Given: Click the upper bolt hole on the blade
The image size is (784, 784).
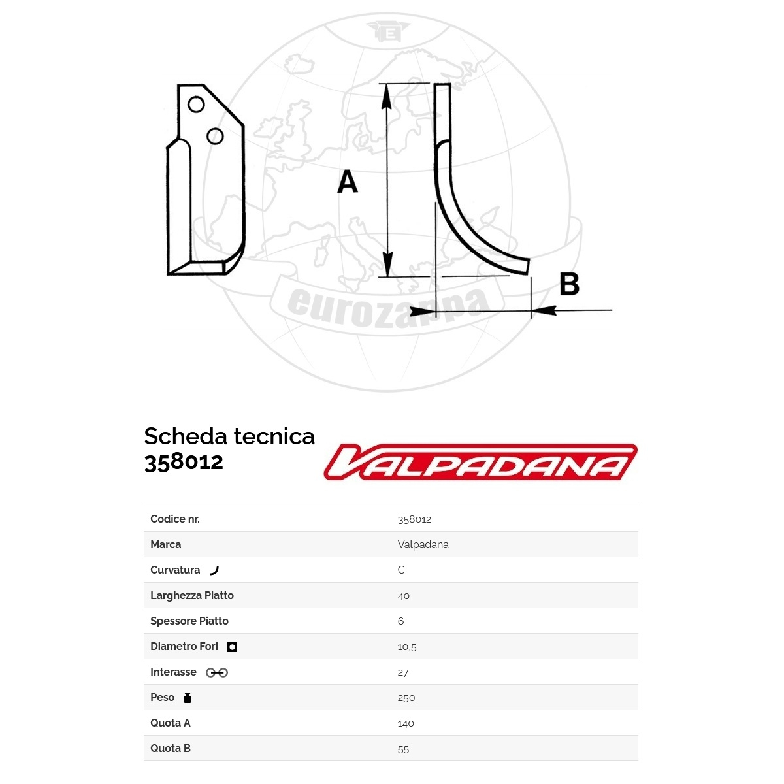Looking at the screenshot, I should click(x=196, y=105).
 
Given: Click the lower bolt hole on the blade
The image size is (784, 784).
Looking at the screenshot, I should click(x=215, y=136).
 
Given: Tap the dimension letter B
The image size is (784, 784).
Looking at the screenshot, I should click(x=570, y=284).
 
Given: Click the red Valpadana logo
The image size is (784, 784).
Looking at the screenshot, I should click(x=480, y=462).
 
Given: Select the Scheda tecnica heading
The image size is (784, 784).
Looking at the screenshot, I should click(x=229, y=436).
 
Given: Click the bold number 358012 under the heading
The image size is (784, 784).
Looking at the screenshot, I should click(x=184, y=461).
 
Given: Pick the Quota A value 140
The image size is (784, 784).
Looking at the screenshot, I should click(x=406, y=723).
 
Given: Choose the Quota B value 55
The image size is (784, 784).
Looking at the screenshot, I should click(x=403, y=749).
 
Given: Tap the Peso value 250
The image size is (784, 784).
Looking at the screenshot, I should click(x=406, y=698).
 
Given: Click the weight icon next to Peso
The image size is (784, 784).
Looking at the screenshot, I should click(x=188, y=698).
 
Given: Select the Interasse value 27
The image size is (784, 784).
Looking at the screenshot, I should click(x=403, y=672).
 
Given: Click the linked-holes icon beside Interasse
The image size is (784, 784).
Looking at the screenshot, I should click(x=217, y=672).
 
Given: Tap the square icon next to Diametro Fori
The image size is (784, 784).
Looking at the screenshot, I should click(x=232, y=647).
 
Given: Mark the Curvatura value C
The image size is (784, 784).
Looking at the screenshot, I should click(x=401, y=570).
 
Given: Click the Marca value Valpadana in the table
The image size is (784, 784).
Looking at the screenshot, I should click(x=423, y=545).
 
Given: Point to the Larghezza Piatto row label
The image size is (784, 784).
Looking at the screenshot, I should click(x=192, y=595).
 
